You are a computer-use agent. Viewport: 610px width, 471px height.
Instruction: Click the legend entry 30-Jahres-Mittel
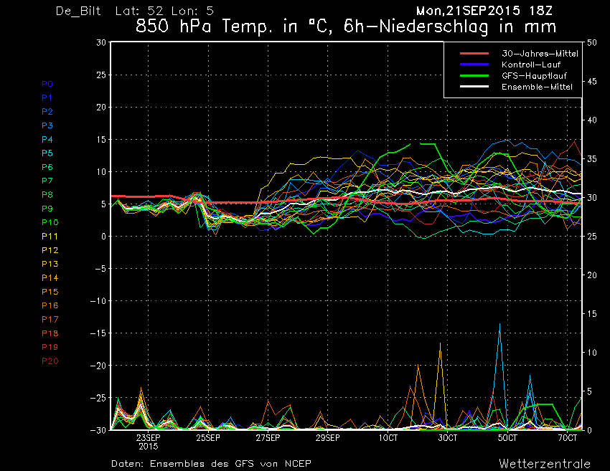(540, 54)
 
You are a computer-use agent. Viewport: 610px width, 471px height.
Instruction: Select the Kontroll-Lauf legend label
(530, 65)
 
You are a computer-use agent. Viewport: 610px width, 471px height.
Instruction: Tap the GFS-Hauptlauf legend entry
(534, 76)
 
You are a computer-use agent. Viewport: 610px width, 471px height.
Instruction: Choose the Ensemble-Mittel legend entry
(537, 87)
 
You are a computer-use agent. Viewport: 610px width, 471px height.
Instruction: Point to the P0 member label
(47, 84)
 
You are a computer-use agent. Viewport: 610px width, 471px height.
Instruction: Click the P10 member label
(50, 222)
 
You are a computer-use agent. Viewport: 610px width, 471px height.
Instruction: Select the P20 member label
(50, 361)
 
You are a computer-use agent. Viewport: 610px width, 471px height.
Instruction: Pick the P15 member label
(50, 292)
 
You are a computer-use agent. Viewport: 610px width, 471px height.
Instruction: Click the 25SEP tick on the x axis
(207, 438)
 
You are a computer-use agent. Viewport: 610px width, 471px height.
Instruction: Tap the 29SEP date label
(327, 438)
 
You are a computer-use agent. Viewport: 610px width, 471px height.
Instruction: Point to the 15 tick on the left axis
(101, 139)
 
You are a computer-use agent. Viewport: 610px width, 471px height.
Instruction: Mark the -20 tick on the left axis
(98, 366)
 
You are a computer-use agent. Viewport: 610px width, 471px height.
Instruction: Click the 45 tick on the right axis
(591, 81)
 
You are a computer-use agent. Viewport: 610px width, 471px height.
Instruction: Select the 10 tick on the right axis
(591, 353)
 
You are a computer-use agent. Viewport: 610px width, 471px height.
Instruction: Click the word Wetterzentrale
(545, 464)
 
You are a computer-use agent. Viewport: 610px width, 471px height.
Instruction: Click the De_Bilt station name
(78, 11)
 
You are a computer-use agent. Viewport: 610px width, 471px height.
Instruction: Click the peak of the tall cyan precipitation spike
(500, 323)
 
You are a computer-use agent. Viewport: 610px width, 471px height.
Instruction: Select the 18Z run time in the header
(540, 11)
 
